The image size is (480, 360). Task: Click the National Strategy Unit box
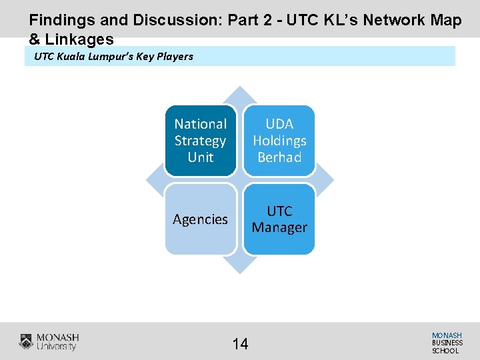point(201,141)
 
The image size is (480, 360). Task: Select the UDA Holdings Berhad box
point(279,141)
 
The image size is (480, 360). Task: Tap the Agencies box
point(201,219)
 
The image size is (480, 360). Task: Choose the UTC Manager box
point(279,219)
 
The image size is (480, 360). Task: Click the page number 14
point(240,344)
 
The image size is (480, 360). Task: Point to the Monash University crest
point(26,342)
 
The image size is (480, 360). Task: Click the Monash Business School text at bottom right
point(447,343)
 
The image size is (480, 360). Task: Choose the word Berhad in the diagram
point(279,157)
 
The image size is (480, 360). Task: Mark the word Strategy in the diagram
point(201,141)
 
